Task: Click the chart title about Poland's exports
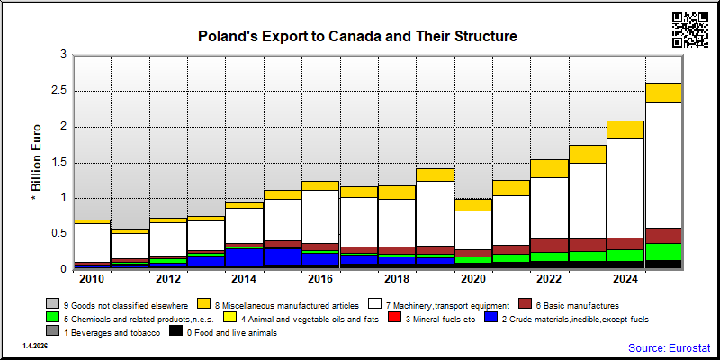coord(357,36)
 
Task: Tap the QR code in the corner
coord(690,30)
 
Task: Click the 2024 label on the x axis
coord(625,279)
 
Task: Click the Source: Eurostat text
coord(670,347)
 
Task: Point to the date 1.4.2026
coord(35,346)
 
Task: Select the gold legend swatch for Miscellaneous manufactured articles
coord(204,304)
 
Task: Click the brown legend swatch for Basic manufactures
coord(525,304)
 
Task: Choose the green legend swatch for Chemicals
coord(52,318)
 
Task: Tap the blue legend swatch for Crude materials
coord(490,318)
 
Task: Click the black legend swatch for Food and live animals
coord(175,331)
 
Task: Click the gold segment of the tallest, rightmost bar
coord(664,93)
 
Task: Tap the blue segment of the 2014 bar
coord(244,257)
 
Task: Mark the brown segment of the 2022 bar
coord(550,246)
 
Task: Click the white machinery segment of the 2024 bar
coord(625,188)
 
